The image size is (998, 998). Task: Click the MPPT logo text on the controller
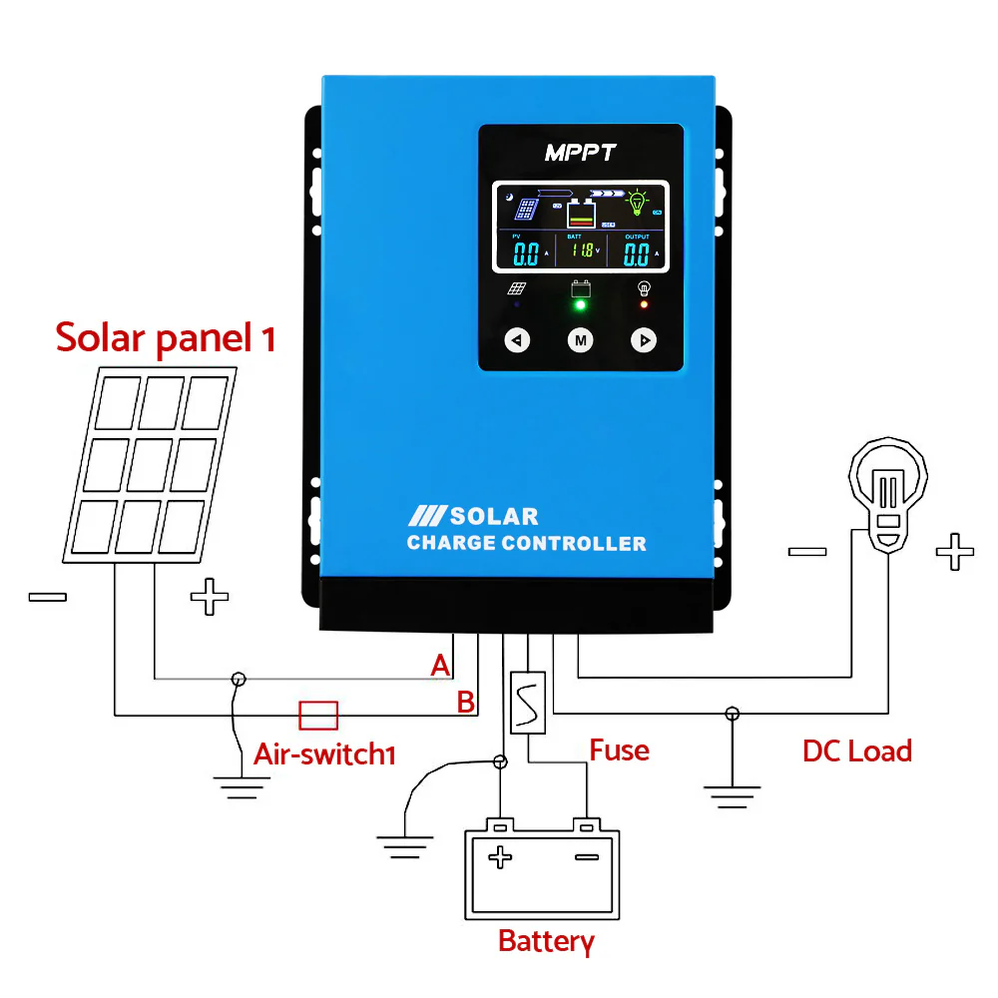pos(580,153)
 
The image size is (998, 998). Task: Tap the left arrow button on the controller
pos(516,340)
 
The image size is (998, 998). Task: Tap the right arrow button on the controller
pos(644,340)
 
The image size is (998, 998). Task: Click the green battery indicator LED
pos(580,306)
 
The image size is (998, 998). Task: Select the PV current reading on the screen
pos(526,253)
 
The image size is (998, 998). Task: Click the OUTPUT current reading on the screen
pos(637,253)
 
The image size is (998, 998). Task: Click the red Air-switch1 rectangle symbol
pos(318,715)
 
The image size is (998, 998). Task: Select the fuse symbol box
pos(527,703)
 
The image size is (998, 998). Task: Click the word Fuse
pos(619,749)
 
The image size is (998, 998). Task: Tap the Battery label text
pos(545,940)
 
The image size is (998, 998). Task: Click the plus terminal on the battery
pos(500,855)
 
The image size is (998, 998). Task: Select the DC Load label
pos(856,750)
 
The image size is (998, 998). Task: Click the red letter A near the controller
pos(440,666)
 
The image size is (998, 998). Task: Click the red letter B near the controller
pos(465,702)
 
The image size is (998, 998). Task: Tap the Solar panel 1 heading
pos(165,337)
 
